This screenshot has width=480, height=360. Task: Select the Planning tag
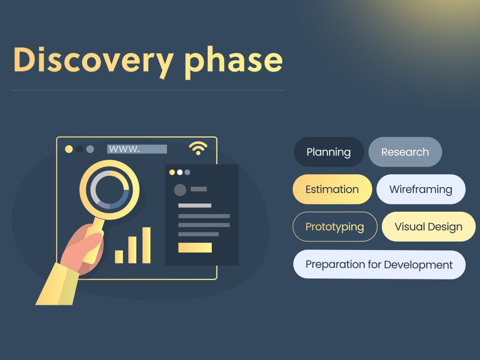tap(329, 152)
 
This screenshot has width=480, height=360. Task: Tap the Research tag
tap(405, 152)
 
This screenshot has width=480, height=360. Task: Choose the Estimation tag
tap(332, 189)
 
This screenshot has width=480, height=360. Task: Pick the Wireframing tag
tap(420, 189)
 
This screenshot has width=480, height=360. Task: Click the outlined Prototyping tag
tap(335, 227)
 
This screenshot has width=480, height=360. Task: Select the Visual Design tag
tap(428, 227)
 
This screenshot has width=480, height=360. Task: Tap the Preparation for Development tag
tap(379, 264)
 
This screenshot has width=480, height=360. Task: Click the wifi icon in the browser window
tap(198, 148)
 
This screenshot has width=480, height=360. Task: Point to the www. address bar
tap(137, 149)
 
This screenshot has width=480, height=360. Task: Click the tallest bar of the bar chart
tap(146, 245)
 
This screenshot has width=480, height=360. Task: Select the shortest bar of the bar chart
tap(119, 256)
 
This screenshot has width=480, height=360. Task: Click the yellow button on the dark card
tap(195, 248)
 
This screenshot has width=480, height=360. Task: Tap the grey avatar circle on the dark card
tap(180, 190)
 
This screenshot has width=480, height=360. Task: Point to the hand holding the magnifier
tap(82, 250)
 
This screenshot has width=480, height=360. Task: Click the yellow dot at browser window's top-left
tap(69, 149)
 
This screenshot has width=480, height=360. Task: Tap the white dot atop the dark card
tap(180, 172)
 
